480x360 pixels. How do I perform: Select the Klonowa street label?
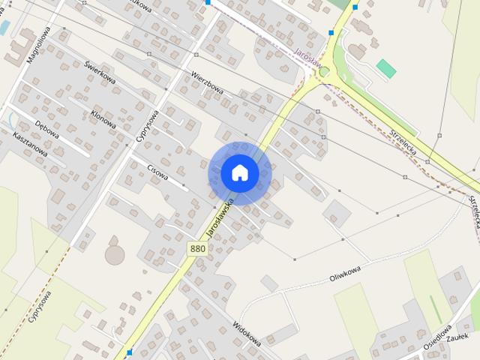[103, 118]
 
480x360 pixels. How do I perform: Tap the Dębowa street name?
[47, 124]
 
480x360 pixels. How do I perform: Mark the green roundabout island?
[325, 73]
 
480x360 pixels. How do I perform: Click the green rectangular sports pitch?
[386, 69]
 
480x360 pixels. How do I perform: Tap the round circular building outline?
[115, 255]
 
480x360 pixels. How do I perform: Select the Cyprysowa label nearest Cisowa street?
[148, 127]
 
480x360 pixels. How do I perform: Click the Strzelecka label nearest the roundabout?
[403, 140]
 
